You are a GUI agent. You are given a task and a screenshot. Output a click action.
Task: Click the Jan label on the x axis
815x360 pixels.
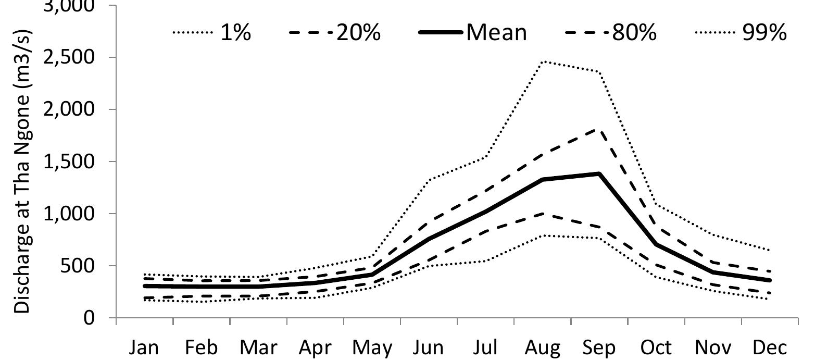pyautogui.click(x=144, y=348)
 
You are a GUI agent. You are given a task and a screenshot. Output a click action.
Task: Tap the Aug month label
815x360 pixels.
pyautogui.click(x=543, y=348)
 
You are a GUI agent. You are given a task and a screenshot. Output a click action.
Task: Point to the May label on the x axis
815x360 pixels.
pyautogui.click(x=372, y=348)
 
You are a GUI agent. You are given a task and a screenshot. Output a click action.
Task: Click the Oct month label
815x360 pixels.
pyautogui.click(x=656, y=348)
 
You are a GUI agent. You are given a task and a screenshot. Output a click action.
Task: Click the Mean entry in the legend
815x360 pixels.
pyautogui.click(x=496, y=32)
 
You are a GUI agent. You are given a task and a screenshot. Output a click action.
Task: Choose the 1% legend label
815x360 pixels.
pyautogui.click(x=235, y=32)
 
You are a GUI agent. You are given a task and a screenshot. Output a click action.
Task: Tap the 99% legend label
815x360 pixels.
pyautogui.click(x=764, y=32)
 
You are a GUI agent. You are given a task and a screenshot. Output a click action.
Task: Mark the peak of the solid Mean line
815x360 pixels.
pyautogui.click(x=599, y=173)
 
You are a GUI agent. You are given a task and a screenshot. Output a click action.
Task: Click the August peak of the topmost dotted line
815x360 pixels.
pyautogui.click(x=543, y=61)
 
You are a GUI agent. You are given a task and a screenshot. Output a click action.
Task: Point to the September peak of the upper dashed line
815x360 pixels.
pyautogui.click(x=599, y=129)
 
